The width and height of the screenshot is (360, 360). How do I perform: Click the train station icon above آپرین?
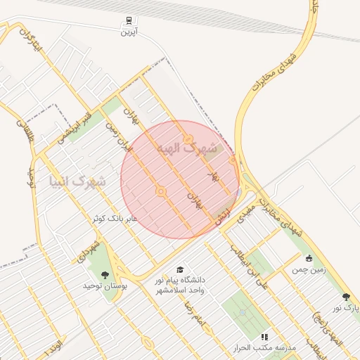pyautogui.click(x=129, y=20)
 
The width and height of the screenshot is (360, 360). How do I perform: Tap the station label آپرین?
pyautogui.click(x=129, y=32)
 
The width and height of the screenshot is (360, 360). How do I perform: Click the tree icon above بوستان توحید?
pyautogui.click(x=105, y=275)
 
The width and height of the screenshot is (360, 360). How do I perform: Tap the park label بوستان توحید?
pyautogui.click(x=103, y=285)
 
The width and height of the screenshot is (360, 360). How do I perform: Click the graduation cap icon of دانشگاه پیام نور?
pyautogui.click(x=180, y=269)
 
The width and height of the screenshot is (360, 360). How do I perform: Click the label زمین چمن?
pyautogui.click(x=308, y=268)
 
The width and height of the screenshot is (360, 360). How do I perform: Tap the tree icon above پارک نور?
pyautogui.click(x=345, y=297)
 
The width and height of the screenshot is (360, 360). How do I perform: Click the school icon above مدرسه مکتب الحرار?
pyautogui.click(x=264, y=337)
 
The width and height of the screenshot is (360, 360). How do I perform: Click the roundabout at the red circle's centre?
pyautogui.click(x=161, y=191)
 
